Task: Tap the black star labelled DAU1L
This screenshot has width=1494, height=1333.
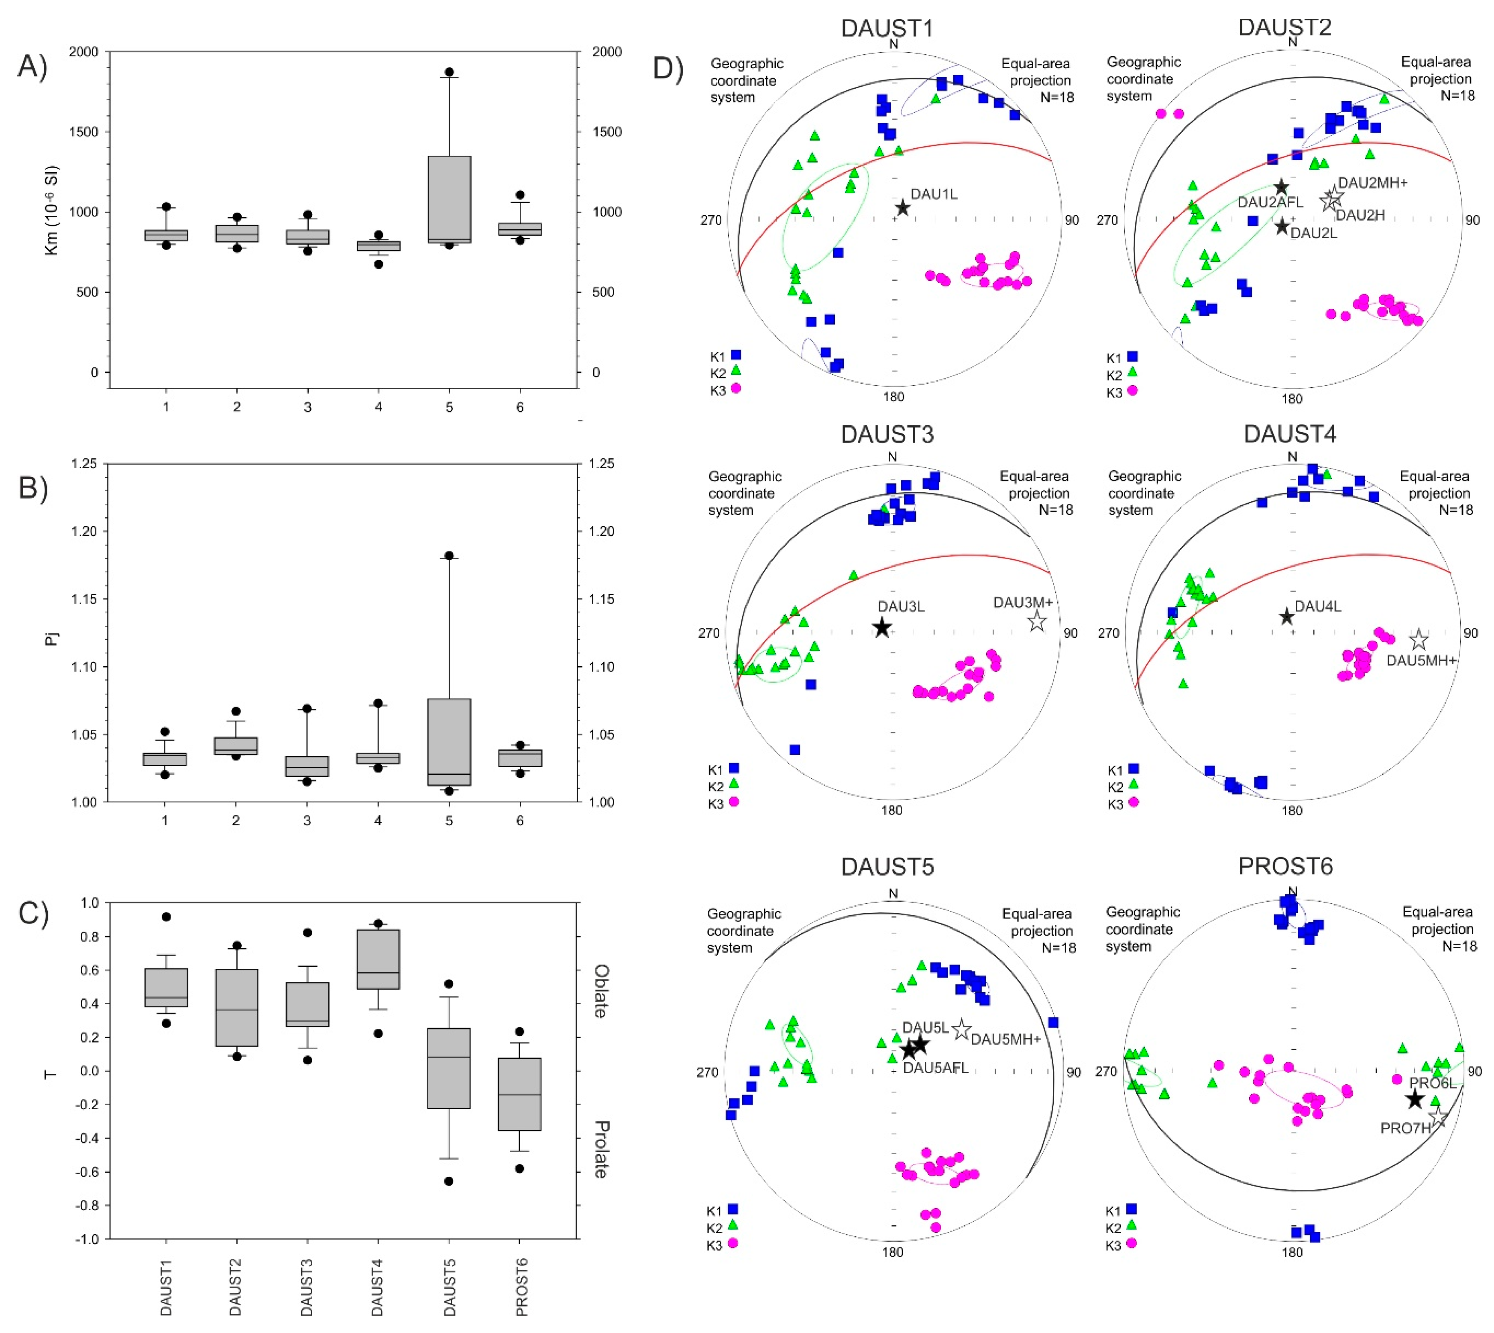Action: coord(903,208)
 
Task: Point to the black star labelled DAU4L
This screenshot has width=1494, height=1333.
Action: coord(1286,616)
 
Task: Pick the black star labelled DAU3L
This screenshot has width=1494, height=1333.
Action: coord(882,627)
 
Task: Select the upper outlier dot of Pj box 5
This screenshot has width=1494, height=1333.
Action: coord(450,555)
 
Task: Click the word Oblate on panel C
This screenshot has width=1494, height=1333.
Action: coord(600,991)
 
